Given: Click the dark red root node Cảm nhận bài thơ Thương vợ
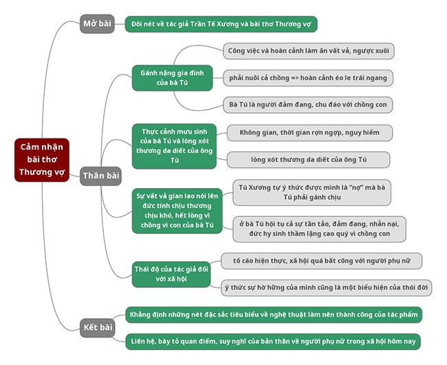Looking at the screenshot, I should pos(43,160).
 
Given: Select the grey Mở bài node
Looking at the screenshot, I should pos(97,23).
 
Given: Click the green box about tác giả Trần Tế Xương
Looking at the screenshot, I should pos(221,25).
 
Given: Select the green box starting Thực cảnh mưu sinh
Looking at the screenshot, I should pos(174,145).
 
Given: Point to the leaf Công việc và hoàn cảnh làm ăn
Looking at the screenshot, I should pos(309,51).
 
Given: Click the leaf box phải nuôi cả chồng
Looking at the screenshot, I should pos(309,77).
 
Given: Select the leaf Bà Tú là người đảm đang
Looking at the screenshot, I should pos(309,104).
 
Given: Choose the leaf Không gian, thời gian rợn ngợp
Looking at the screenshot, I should pos(309,133).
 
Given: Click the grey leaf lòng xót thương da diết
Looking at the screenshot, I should pos(309,160).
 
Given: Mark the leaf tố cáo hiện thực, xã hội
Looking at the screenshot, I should pos(321,261).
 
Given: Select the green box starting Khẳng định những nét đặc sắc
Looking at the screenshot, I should pos(273,315).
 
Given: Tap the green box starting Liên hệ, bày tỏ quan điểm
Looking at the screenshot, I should pos(272,341).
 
